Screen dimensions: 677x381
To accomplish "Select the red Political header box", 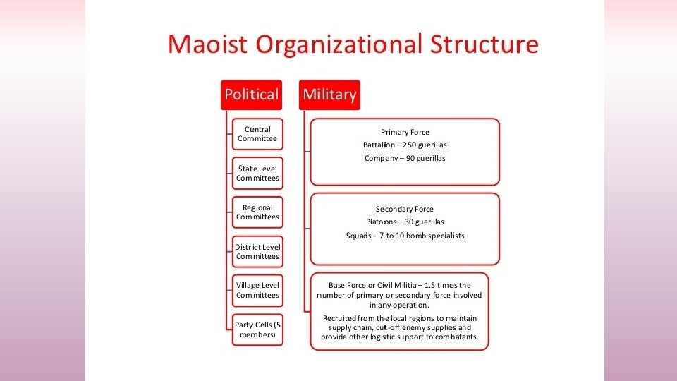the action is (x=251, y=94).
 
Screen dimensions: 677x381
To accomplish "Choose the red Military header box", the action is (x=329, y=94).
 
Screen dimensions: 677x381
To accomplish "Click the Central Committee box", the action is (x=257, y=134).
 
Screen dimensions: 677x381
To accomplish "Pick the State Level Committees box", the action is (x=257, y=174).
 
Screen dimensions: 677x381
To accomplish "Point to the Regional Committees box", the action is (x=257, y=212).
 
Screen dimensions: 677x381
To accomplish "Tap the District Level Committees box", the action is (x=257, y=252).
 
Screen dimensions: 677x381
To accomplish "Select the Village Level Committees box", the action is (x=257, y=290).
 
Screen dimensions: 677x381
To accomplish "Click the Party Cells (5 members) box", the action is (x=257, y=329).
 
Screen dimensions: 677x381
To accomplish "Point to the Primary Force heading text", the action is (x=405, y=132).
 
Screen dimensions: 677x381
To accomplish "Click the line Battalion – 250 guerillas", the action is (x=405, y=145).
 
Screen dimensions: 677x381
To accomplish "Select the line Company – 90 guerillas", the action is (x=405, y=158).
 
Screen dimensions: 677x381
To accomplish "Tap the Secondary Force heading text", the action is (x=405, y=209).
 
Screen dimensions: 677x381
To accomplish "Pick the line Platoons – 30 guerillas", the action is (x=405, y=222).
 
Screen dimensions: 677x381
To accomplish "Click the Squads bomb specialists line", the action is (x=405, y=236).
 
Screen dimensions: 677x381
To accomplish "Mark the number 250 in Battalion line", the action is (x=410, y=145).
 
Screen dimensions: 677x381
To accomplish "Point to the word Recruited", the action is (x=341, y=318).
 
